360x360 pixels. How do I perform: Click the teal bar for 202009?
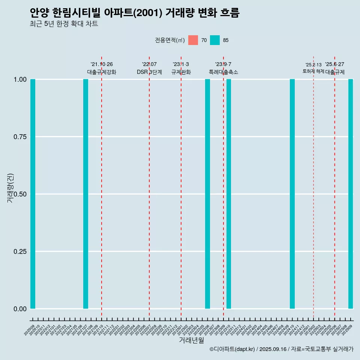pyautogui.click(x=33, y=194)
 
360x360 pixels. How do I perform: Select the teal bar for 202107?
pyautogui.click(x=85, y=194)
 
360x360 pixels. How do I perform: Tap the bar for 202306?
pyautogui.click(x=207, y=194)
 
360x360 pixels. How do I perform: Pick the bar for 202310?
pyautogui.click(x=229, y=194)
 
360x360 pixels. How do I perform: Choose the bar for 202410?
pyautogui.click(x=292, y=194)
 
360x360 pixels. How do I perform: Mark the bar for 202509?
pyautogui.click(x=351, y=194)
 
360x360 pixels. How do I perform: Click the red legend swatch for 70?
pyautogui.click(x=193, y=40)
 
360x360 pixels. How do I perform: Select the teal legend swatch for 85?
pyautogui.click(x=215, y=40)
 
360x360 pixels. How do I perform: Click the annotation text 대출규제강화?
pyautogui.click(x=102, y=72)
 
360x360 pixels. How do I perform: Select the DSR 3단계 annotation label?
pyautogui.click(x=149, y=72)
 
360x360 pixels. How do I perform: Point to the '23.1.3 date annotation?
pyautogui.click(x=181, y=64)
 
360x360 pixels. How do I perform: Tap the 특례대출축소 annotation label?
pyautogui.click(x=223, y=72)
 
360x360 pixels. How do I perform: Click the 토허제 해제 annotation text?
pyautogui.click(x=313, y=71)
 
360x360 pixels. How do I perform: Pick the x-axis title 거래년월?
pyautogui.click(x=192, y=340)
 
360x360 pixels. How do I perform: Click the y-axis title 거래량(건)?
pyautogui.click(x=10, y=188)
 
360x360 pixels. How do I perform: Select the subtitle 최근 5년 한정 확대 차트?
pyautogui.click(x=64, y=24)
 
